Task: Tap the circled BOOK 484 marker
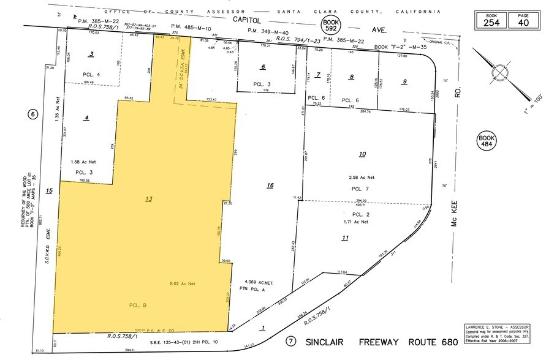tap(486, 142)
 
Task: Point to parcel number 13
tap(148, 199)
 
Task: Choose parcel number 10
tap(362, 154)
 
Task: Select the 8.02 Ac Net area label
tap(182, 283)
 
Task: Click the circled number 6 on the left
tap(33, 114)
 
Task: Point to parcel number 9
tap(404, 81)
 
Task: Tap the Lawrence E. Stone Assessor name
tap(496, 328)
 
